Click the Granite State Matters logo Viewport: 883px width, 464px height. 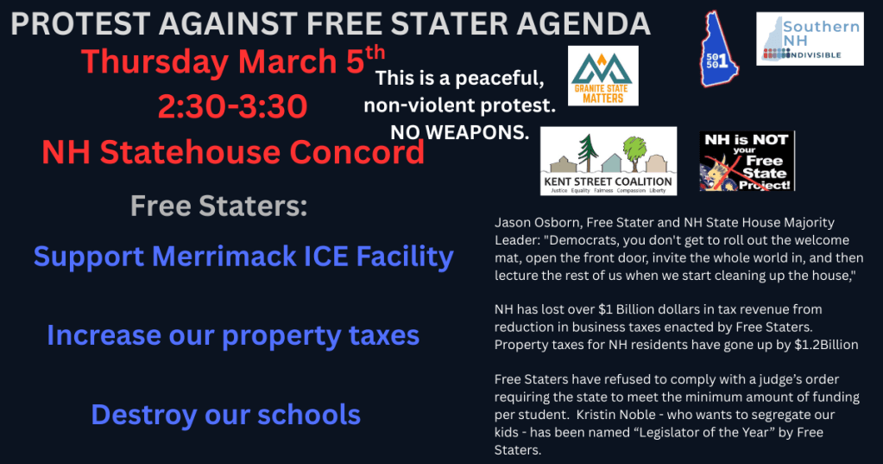click(x=603, y=76)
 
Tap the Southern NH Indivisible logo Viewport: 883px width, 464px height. click(x=810, y=39)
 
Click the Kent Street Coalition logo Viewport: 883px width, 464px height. click(x=609, y=161)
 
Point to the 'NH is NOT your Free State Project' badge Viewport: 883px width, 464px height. click(x=747, y=161)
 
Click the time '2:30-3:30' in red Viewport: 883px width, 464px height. click(x=232, y=107)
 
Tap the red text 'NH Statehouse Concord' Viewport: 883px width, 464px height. click(x=233, y=153)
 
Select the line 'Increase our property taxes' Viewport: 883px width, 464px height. click(x=233, y=335)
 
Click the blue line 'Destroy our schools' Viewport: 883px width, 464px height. click(x=225, y=415)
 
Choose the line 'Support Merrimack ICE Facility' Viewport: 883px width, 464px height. click(x=243, y=257)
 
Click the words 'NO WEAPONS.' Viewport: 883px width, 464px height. click(x=459, y=132)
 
